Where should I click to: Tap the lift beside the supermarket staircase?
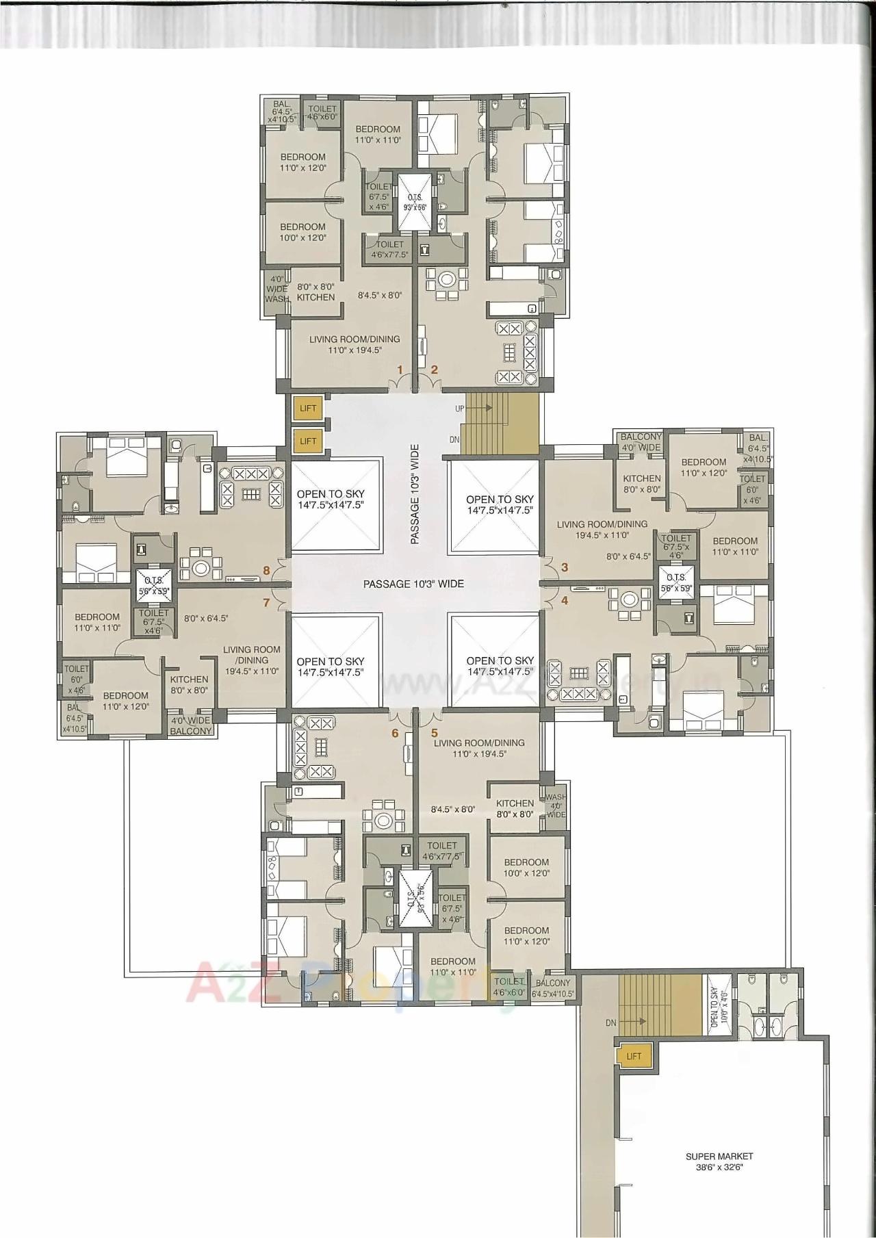point(634,1056)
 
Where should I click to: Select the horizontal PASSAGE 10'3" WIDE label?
point(413,584)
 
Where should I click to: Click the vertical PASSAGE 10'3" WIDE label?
point(415,494)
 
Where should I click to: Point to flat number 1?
point(402,370)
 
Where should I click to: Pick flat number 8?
point(266,569)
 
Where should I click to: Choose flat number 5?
point(434,732)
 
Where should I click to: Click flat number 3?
point(565,567)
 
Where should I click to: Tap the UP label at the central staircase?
point(460,409)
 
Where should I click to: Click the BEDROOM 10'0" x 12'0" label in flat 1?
point(302,232)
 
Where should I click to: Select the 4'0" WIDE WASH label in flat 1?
point(277,289)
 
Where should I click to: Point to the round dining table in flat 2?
point(447,279)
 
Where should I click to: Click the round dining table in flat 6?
point(382,820)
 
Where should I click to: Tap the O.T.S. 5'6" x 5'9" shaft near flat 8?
point(153,585)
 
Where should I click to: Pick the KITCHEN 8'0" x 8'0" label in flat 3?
point(642,484)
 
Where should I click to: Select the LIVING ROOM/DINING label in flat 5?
point(479,748)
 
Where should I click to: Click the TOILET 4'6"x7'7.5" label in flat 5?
point(441,851)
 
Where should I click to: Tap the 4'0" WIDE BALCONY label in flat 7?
point(191,725)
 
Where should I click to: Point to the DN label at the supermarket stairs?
point(610,1022)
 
